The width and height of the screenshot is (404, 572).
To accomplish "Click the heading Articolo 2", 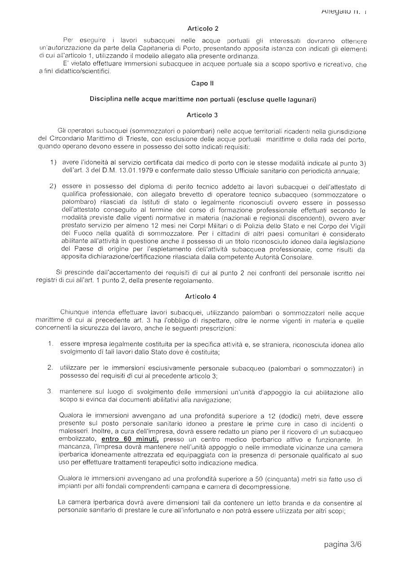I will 202,29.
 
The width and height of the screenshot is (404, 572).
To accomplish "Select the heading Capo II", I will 202,84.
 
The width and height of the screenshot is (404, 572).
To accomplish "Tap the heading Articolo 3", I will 202,115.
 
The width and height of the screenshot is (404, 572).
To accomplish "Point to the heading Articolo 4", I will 200,296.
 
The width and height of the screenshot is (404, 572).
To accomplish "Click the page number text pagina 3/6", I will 343,545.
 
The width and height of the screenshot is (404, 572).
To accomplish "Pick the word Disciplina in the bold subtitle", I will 106,99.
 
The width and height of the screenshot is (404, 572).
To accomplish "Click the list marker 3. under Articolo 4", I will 51,392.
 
